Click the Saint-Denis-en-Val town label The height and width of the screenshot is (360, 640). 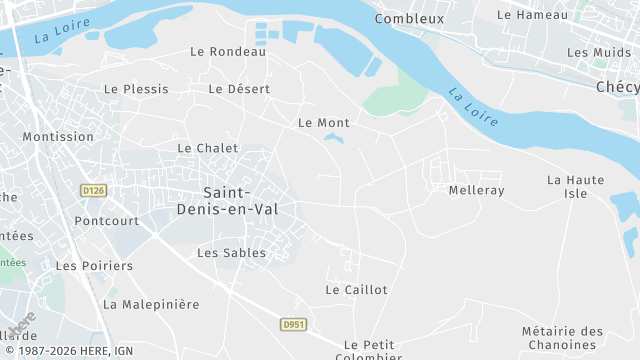coord(240,200)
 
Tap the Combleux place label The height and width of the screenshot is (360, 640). coord(409,19)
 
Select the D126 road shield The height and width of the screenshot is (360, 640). coord(93,189)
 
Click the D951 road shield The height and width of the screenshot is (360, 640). coord(292,324)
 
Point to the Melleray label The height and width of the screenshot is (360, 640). coord(477,190)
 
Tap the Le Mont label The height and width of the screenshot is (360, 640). coord(324,123)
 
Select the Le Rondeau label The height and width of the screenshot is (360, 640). coord(228,52)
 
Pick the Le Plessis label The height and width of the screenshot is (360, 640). coord(136,89)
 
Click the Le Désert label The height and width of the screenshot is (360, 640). coord(239,89)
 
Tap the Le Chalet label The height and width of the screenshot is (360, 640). coord(208,148)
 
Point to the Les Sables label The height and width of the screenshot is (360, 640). coord(231,253)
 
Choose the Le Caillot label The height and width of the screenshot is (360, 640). coord(356,290)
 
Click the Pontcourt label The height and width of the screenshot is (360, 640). coord(106,220)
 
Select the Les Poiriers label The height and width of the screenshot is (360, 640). coord(94,266)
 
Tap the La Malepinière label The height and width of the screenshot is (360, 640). coord(151,304)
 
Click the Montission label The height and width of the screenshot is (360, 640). coord(58,137)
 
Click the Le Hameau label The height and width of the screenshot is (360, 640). coord(532,15)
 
